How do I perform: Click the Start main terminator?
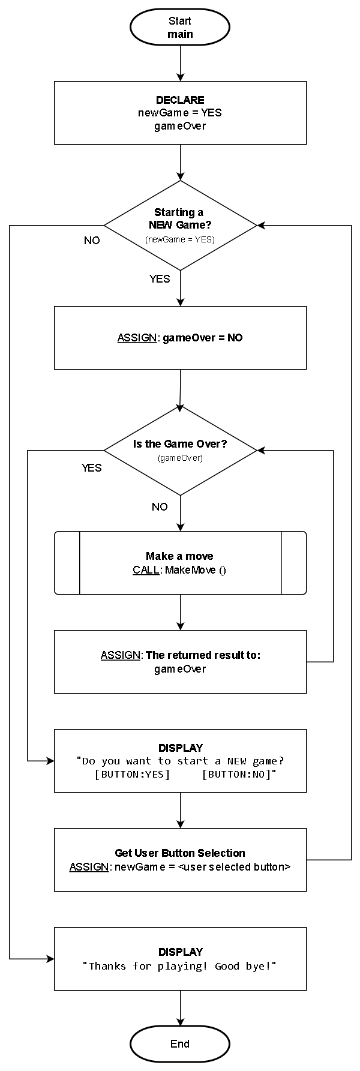pyautogui.click(x=180, y=28)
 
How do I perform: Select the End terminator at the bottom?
pyautogui.click(x=180, y=1043)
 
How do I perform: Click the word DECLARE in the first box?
pyautogui.click(x=180, y=100)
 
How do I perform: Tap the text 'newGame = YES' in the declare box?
pyautogui.click(x=180, y=113)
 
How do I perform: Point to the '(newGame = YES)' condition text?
pyautogui.click(x=180, y=239)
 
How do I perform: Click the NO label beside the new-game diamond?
pyautogui.click(x=92, y=241)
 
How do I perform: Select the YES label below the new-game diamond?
pyautogui.click(x=160, y=279)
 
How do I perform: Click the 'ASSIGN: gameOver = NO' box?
pyautogui.click(x=180, y=338)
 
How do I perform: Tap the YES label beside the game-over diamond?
pyautogui.click(x=92, y=468)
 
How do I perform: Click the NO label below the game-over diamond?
pyautogui.click(x=160, y=507)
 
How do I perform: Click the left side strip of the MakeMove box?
pyautogui.click(x=67, y=563)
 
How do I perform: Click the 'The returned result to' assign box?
pyautogui.click(x=180, y=661)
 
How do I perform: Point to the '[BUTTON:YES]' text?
pyautogui.click(x=133, y=775)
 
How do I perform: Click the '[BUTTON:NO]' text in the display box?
pyautogui.click(x=238, y=775)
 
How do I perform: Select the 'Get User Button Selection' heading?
pyautogui.click(x=180, y=853)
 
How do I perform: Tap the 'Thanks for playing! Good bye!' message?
pyautogui.click(x=180, y=966)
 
